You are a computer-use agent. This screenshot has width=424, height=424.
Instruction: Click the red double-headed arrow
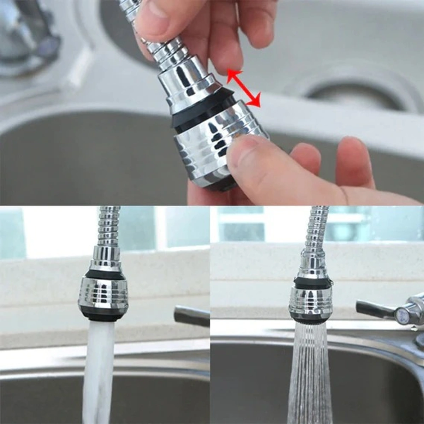[244, 88]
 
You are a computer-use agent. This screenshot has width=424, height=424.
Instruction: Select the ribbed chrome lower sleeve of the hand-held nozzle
[205, 148]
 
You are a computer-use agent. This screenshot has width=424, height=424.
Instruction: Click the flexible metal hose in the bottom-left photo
[109, 226]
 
